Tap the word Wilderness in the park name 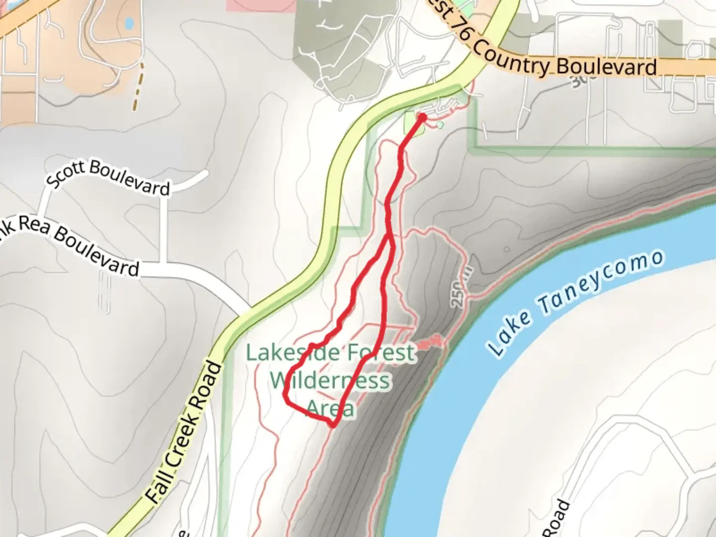click(x=330, y=381)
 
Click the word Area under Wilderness click(x=330, y=409)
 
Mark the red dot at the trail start click(x=422, y=117)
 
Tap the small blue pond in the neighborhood click(x=129, y=23)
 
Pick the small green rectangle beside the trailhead click(x=414, y=124)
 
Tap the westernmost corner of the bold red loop click(x=285, y=395)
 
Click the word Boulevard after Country click(x=607, y=67)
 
